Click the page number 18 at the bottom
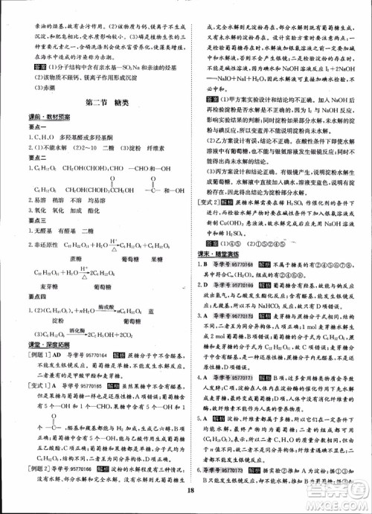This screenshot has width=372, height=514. [x=191, y=490]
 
